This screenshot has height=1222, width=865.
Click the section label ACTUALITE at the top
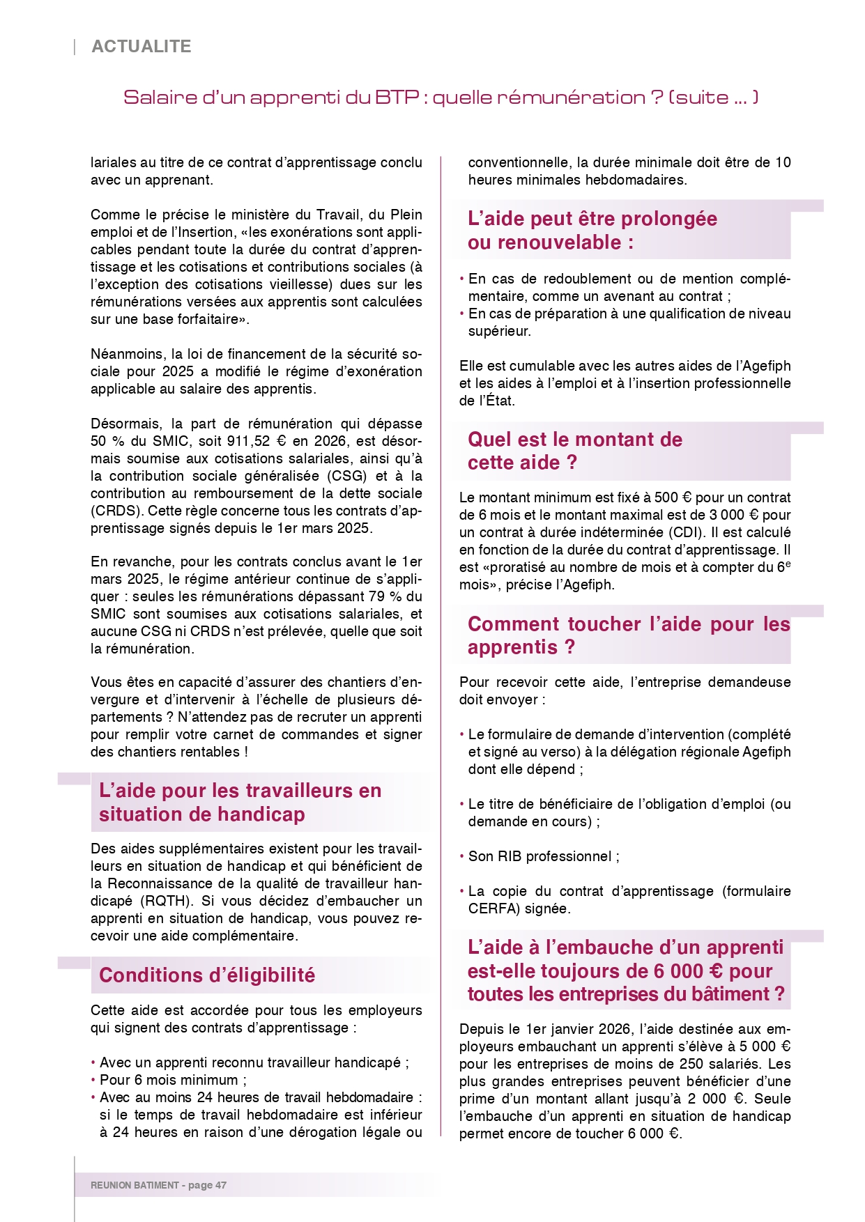(x=141, y=47)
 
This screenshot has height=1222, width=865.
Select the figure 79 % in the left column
(x=388, y=596)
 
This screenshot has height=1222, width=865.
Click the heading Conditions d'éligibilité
(x=207, y=975)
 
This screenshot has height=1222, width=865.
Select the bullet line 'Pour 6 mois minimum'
(x=173, y=1080)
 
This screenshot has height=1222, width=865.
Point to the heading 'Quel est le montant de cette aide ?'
(x=574, y=451)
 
